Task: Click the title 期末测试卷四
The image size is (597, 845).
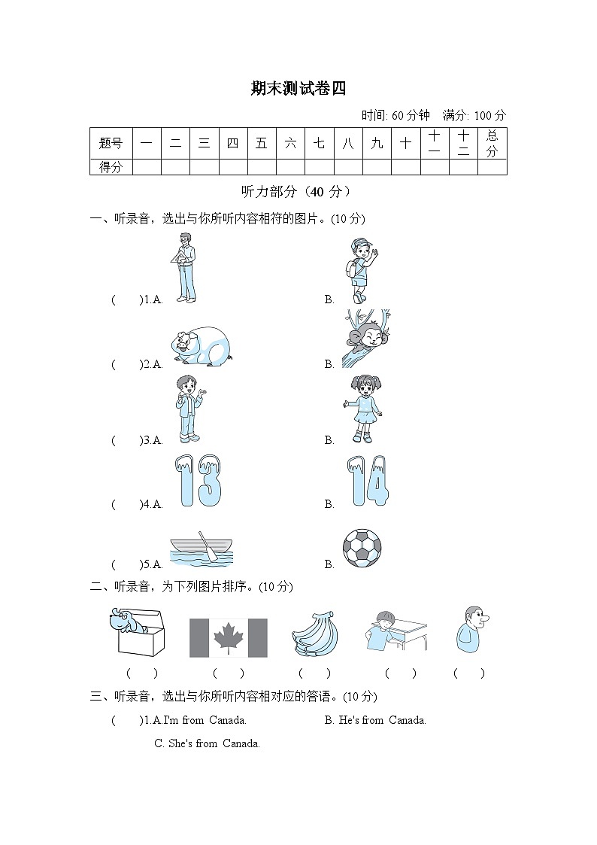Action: coord(298,89)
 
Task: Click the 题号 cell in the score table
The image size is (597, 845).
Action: coord(111,143)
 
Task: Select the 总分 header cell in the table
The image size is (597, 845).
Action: coord(492,143)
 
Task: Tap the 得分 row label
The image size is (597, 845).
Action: coord(111,167)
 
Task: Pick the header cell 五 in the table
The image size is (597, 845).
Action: coord(261,143)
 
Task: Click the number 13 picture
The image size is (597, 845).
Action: coord(198,479)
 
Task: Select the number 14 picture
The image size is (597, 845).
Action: coord(368,480)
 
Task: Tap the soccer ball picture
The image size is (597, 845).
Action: coord(362,548)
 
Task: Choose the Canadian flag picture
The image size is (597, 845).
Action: coord(228,638)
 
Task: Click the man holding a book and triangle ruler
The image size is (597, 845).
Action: coord(183,268)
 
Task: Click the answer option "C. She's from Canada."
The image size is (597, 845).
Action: coord(207,743)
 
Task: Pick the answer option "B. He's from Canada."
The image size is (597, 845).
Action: coord(375,720)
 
